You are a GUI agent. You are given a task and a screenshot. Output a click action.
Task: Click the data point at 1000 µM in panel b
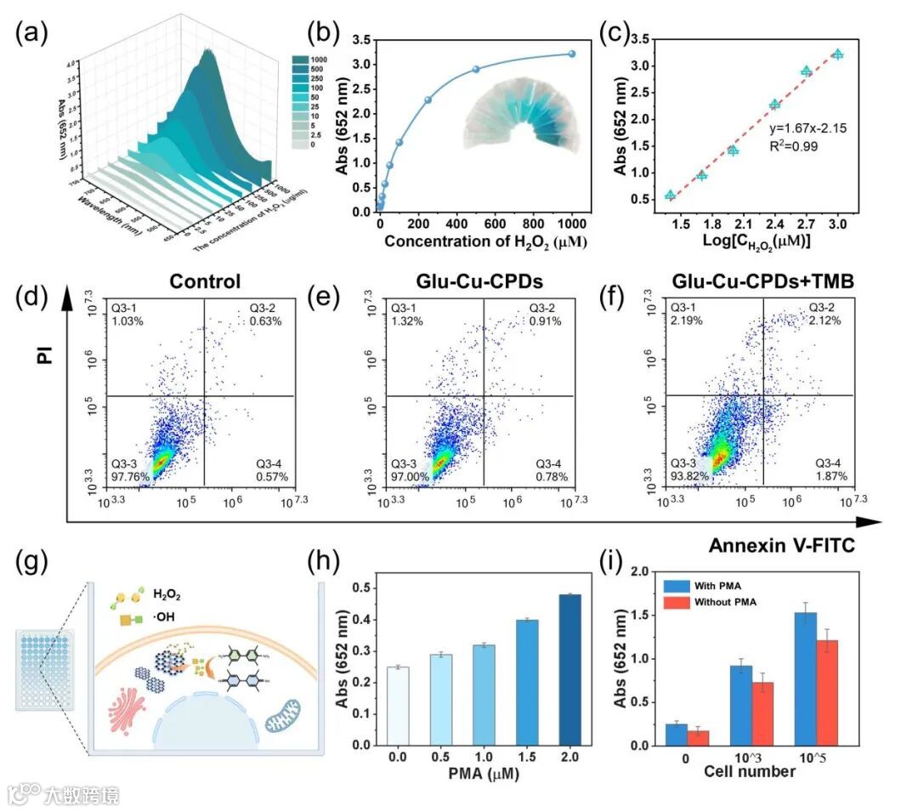click(572, 54)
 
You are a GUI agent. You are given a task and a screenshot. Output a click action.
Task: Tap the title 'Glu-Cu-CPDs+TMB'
click(761, 281)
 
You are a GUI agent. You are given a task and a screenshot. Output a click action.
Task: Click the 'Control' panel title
click(205, 281)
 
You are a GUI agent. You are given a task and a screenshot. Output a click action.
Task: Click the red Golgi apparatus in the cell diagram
click(128, 701)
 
